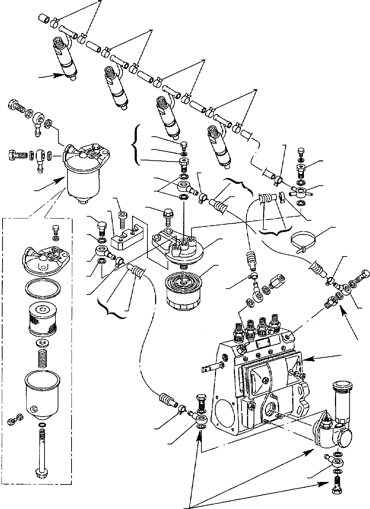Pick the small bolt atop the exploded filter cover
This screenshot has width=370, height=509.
(55, 229)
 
